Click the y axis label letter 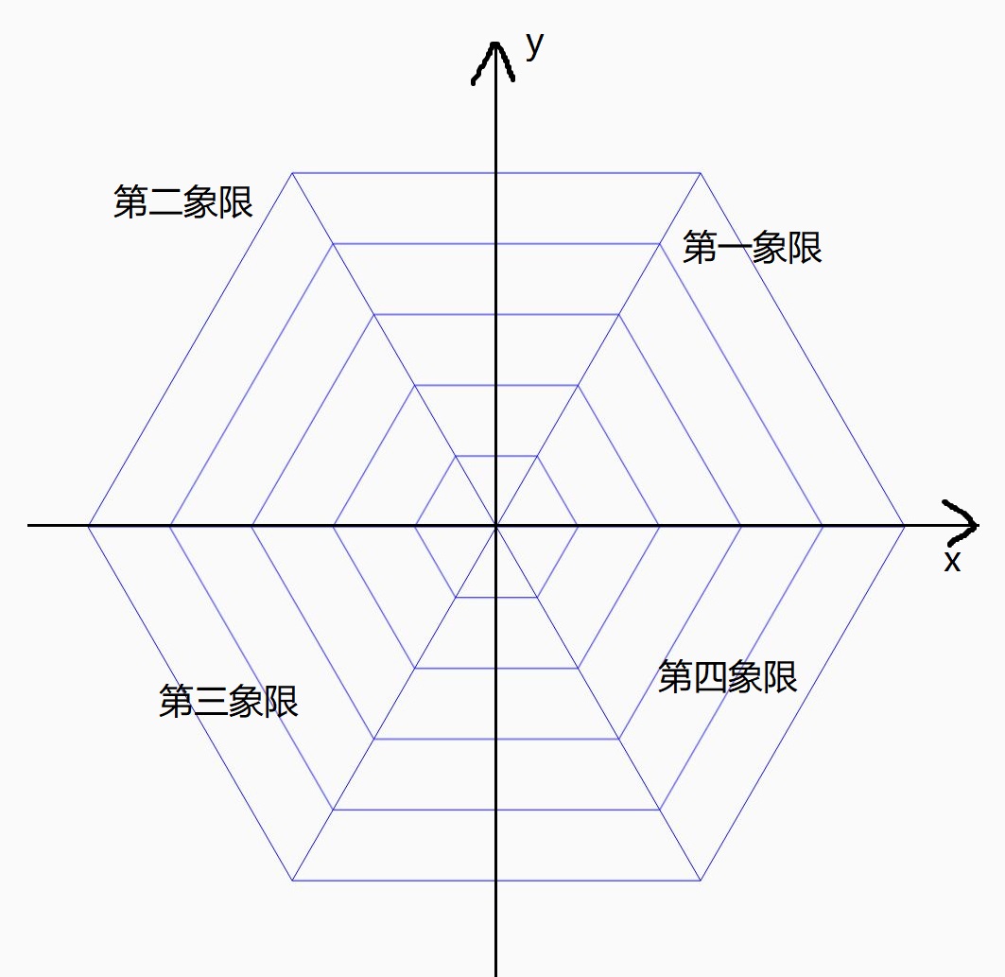click(x=535, y=44)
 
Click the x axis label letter click(x=952, y=562)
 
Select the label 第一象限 click(x=752, y=248)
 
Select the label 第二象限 click(x=183, y=201)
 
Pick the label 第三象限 click(x=229, y=702)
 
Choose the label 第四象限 click(x=727, y=677)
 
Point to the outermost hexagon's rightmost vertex click(x=905, y=525)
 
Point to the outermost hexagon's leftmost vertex click(x=88, y=525)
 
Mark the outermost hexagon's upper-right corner click(x=701, y=173)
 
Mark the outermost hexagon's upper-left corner click(x=293, y=173)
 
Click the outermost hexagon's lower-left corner click(x=293, y=881)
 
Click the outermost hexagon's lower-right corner click(x=701, y=881)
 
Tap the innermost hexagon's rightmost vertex click(x=578, y=525)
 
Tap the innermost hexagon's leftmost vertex click(x=415, y=525)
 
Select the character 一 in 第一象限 click(x=735, y=248)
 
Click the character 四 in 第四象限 click(x=710, y=677)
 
